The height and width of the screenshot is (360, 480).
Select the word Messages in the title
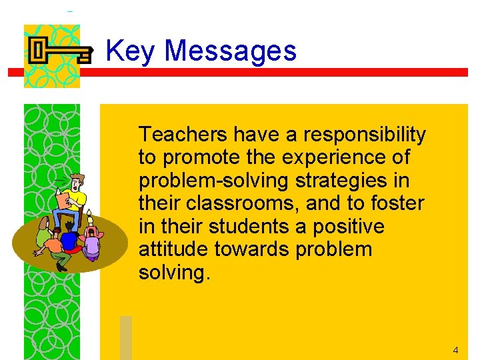tap(230, 51)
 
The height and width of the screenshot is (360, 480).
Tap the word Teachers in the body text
tap(183, 135)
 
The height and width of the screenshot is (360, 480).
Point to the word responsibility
tap(365, 135)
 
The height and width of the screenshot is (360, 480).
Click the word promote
tap(195, 159)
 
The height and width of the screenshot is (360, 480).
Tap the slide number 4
tap(455, 350)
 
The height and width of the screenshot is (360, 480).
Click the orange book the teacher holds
tap(64, 200)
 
